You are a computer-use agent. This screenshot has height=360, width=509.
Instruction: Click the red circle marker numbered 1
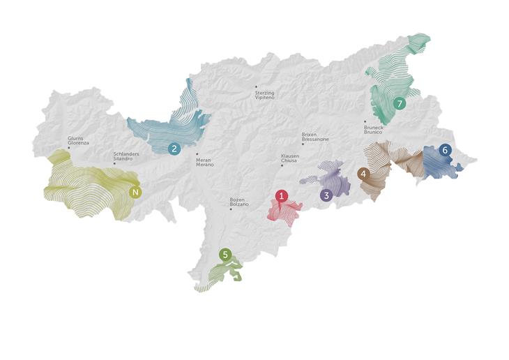(281, 196)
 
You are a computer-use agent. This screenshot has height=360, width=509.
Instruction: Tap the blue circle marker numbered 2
(174, 148)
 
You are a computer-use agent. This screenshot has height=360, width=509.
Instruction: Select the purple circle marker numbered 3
(326, 196)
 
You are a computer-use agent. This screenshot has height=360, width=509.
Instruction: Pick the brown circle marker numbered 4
(363, 173)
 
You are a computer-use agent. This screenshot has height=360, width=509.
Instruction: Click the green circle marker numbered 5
(224, 255)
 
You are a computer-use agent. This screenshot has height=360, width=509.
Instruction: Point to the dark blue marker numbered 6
(445, 150)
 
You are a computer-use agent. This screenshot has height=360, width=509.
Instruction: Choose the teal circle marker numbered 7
(399, 103)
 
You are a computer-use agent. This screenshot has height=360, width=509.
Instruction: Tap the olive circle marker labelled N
(135, 193)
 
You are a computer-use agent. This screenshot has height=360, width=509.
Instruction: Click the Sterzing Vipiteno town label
(265, 96)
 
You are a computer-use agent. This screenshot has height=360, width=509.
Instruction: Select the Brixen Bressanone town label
(314, 137)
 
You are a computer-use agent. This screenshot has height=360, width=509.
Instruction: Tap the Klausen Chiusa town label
(289, 158)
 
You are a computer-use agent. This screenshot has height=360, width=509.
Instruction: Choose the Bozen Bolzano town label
(239, 202)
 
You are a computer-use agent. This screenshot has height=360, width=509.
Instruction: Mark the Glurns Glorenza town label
(79, 140)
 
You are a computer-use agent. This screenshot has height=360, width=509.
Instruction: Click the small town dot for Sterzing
(257, 87)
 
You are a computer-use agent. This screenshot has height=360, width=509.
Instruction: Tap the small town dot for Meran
(197, 154)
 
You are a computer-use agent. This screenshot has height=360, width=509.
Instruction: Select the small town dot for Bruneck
(365, 121)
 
